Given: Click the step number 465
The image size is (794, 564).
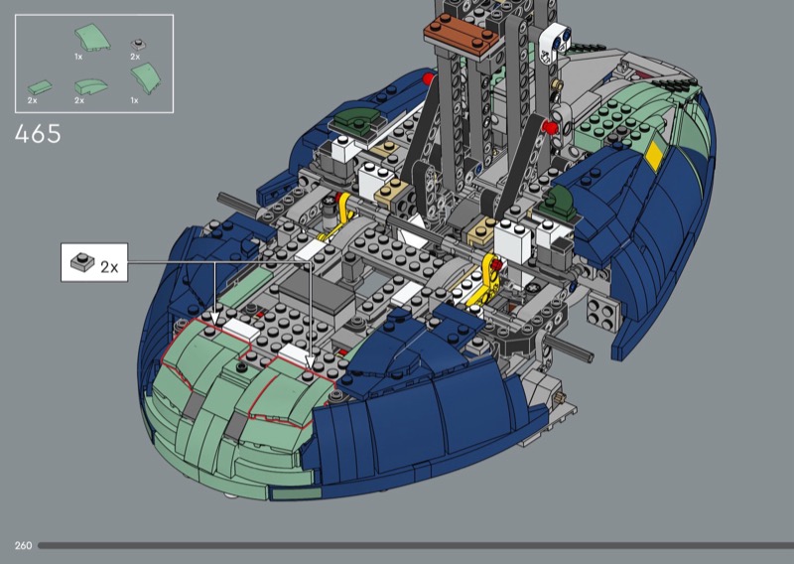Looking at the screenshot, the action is [38, 134].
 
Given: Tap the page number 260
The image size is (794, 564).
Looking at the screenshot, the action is [23, 546].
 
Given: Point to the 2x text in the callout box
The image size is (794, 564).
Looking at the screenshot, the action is [109, 267].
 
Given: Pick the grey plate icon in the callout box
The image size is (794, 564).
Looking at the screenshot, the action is [82, 262].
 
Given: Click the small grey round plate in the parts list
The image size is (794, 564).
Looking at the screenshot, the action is [138, 44].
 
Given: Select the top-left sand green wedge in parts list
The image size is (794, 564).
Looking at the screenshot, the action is [92, 38].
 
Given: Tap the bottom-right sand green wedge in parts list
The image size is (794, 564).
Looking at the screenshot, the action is [146, 78].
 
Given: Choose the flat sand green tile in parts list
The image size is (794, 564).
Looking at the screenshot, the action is [40, 87].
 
